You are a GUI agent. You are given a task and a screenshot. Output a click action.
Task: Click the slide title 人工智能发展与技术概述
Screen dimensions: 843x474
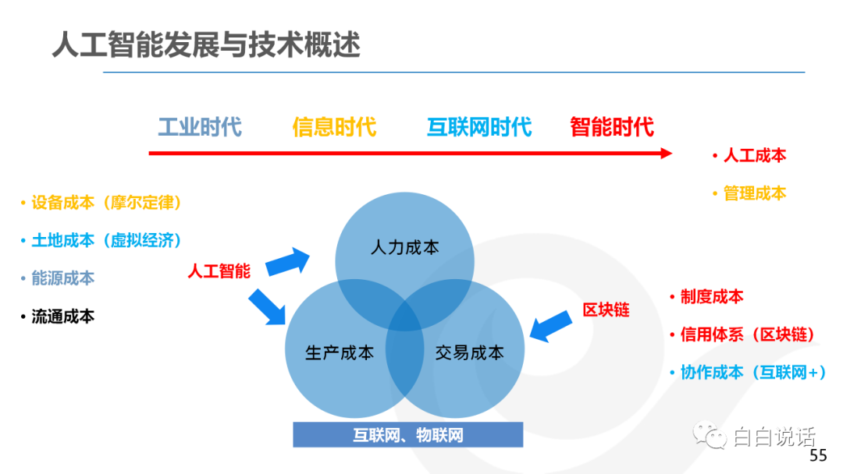point(206,44)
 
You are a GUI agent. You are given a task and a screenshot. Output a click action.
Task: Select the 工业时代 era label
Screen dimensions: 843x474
point(200,127)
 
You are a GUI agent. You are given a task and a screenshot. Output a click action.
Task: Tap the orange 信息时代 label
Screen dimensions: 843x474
point(334,127)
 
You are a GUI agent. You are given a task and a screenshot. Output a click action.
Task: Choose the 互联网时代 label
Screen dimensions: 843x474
point(479,127)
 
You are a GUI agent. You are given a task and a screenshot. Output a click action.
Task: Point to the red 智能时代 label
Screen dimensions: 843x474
point(612,127)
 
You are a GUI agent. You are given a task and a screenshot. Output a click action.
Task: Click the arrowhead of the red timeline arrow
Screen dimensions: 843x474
point(667,154)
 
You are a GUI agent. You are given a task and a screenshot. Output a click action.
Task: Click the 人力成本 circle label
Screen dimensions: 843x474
point(405,247)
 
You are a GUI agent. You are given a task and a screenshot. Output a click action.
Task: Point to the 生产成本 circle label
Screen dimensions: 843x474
point(340,352)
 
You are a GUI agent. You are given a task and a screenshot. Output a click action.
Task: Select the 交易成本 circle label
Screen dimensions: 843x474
point(469,352)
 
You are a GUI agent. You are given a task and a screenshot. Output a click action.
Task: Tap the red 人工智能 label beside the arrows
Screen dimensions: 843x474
point(219,271)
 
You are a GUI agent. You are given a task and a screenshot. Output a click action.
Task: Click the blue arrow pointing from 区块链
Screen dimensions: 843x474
point(550,326)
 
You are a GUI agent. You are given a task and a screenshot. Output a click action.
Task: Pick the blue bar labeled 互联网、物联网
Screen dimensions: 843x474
point(408,435)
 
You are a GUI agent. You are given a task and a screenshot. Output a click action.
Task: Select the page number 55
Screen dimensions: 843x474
point(818,456)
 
